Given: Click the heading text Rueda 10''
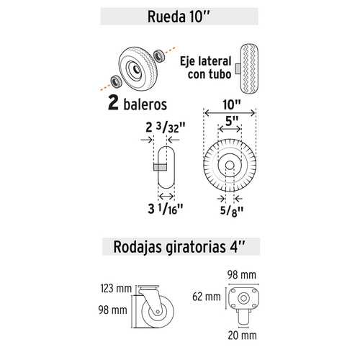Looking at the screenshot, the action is coord(179,17).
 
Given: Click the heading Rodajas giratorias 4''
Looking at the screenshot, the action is coord(179,247).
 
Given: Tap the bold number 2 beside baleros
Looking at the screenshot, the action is coord(113,103).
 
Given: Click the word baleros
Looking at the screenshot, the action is coord(145,104).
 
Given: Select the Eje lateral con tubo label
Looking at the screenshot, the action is coord(206,68).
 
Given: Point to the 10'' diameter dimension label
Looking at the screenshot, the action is coord(231,104).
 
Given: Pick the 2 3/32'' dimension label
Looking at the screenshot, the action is coord(166,127).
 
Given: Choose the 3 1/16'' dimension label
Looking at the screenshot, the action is coord(166,209).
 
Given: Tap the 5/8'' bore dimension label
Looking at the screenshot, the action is coord(231,212).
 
